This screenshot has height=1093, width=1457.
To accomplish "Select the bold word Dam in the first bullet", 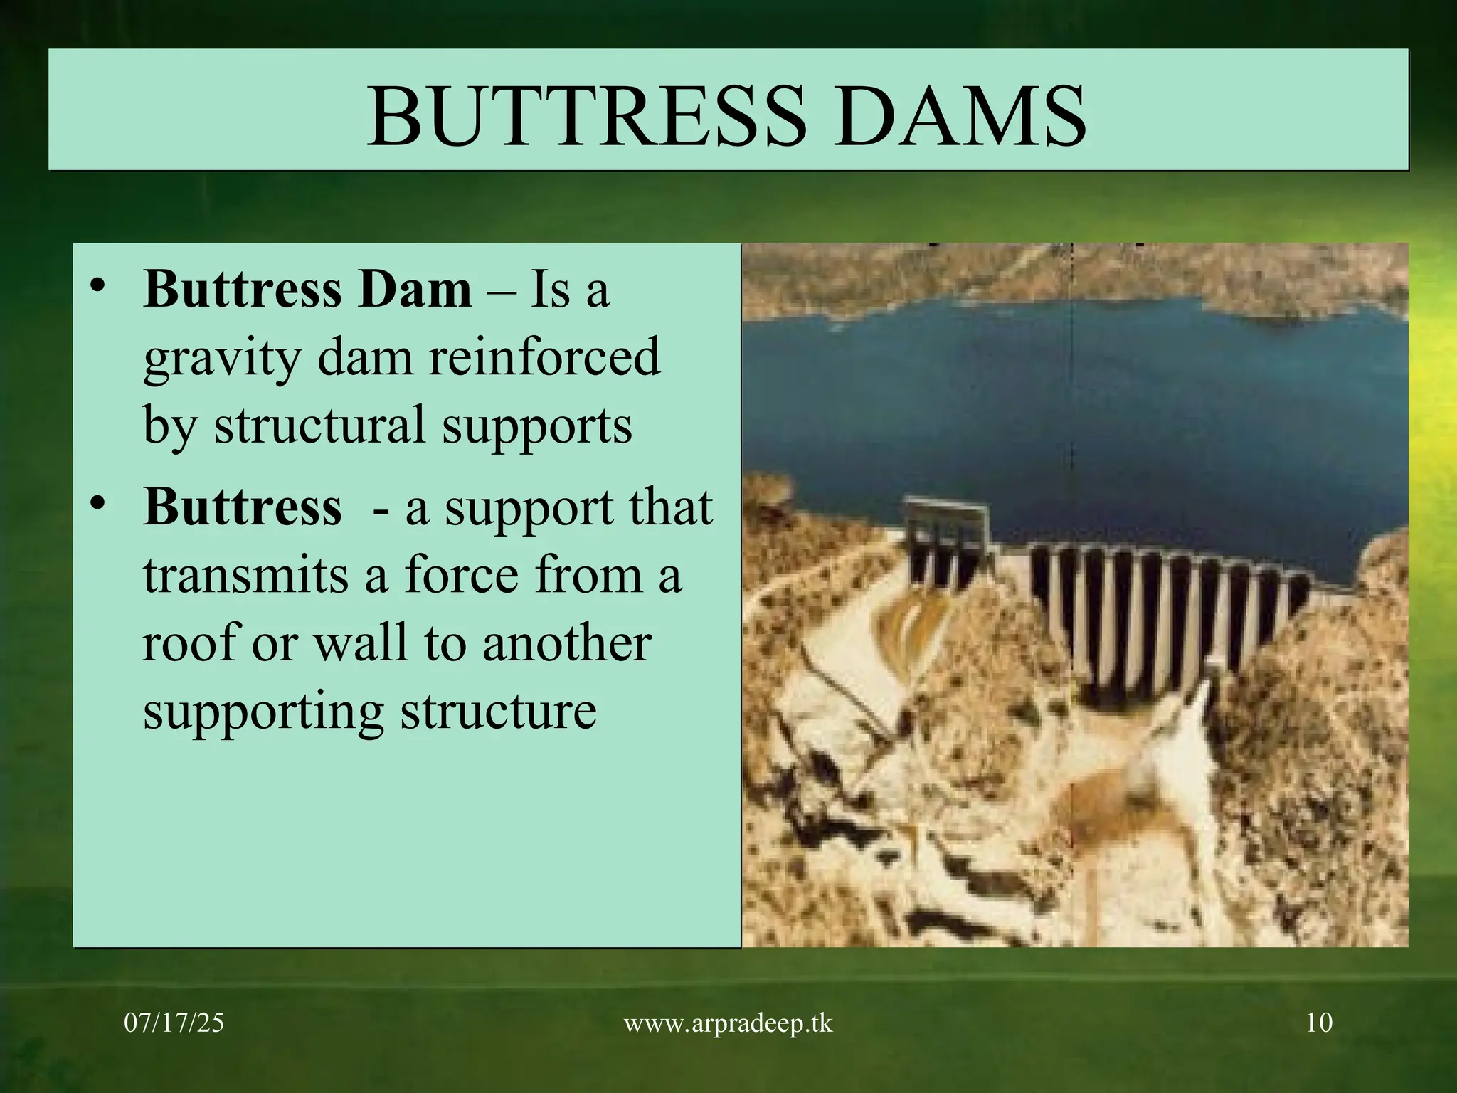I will click(x=414, y=290).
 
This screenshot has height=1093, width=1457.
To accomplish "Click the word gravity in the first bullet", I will click(x=221, y=359).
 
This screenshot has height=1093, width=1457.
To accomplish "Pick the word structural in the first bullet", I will click(x=320, y=425).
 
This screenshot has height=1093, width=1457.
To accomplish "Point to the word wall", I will click(x=361, y=643).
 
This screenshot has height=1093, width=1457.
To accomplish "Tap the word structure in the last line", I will click(x=498, y=711).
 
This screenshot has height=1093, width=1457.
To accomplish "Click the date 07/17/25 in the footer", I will click(x=174, y=1023).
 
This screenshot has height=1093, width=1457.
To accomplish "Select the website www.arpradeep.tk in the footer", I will click(x=728, y=1024).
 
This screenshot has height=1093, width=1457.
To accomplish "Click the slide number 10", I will click(x=1319, y=1023).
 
